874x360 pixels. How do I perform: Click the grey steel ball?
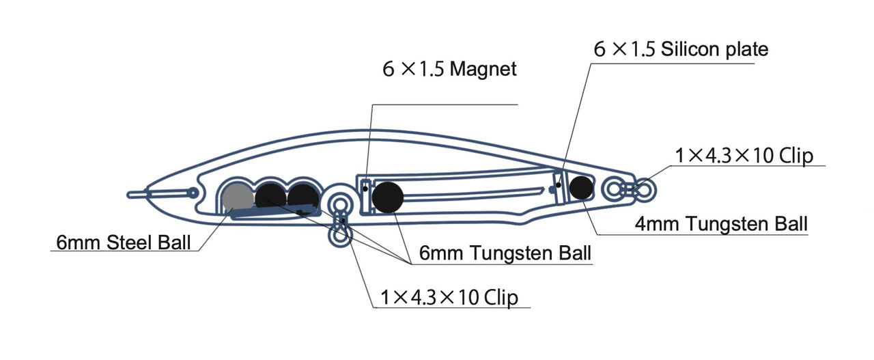pos(237,197)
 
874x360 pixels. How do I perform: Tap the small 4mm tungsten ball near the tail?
pos(581,188)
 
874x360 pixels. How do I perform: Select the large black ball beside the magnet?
pos(388,197)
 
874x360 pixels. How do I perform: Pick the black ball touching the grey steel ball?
pos(270,197)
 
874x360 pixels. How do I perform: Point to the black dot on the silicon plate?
pos(559,184)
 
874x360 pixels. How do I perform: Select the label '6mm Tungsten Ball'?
pos(505,254)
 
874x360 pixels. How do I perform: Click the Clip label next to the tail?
pos(744,156)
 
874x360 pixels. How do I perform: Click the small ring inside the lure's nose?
pos(193,194)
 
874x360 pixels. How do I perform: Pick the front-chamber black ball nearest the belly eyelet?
pos(302,197)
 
